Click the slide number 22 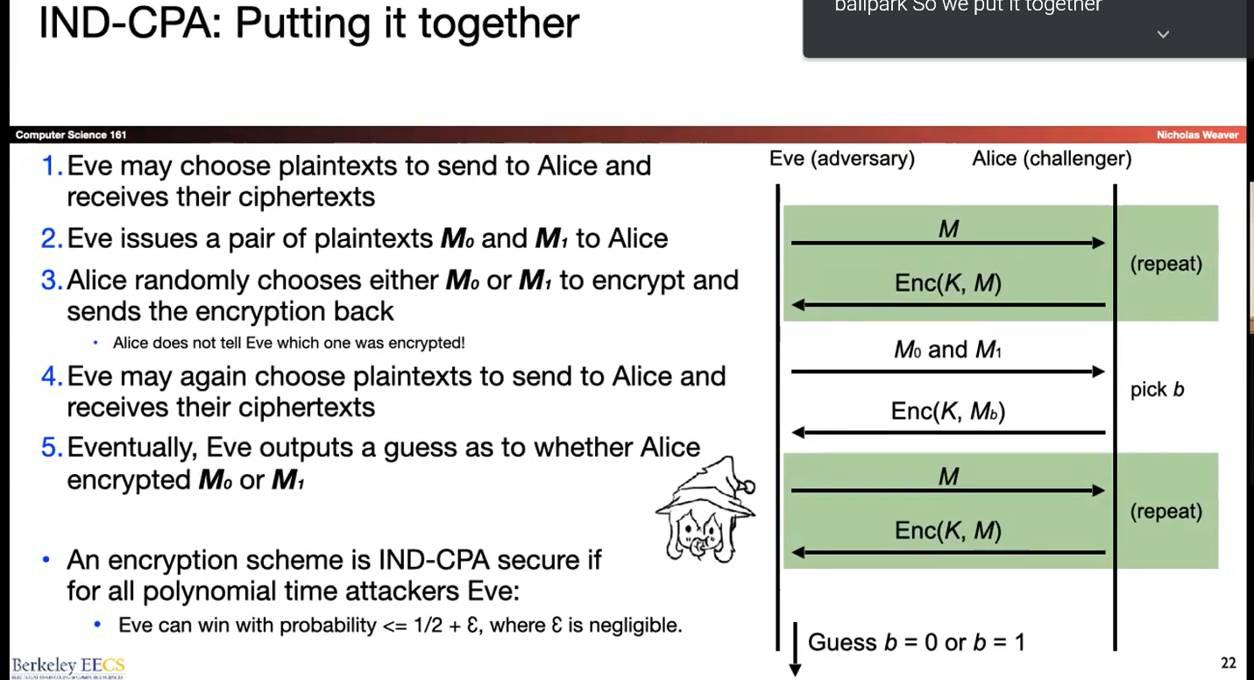pos(1228,662)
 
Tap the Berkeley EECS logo pos(67,665)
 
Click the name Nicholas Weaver pos(1197,135)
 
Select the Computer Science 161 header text pos(71,135)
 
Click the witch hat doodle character pos(705,509)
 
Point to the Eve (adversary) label pos(841,159)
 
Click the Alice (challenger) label pos(1052,159)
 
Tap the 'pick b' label pos(1157,390)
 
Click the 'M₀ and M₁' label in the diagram pos(947,351)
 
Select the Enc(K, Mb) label pos(947,412)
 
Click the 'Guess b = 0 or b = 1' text pos(916,642)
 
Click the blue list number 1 pos(52,166)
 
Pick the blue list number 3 pos(52,280)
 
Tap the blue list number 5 pos(52,448)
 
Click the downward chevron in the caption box pos(1163,35)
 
